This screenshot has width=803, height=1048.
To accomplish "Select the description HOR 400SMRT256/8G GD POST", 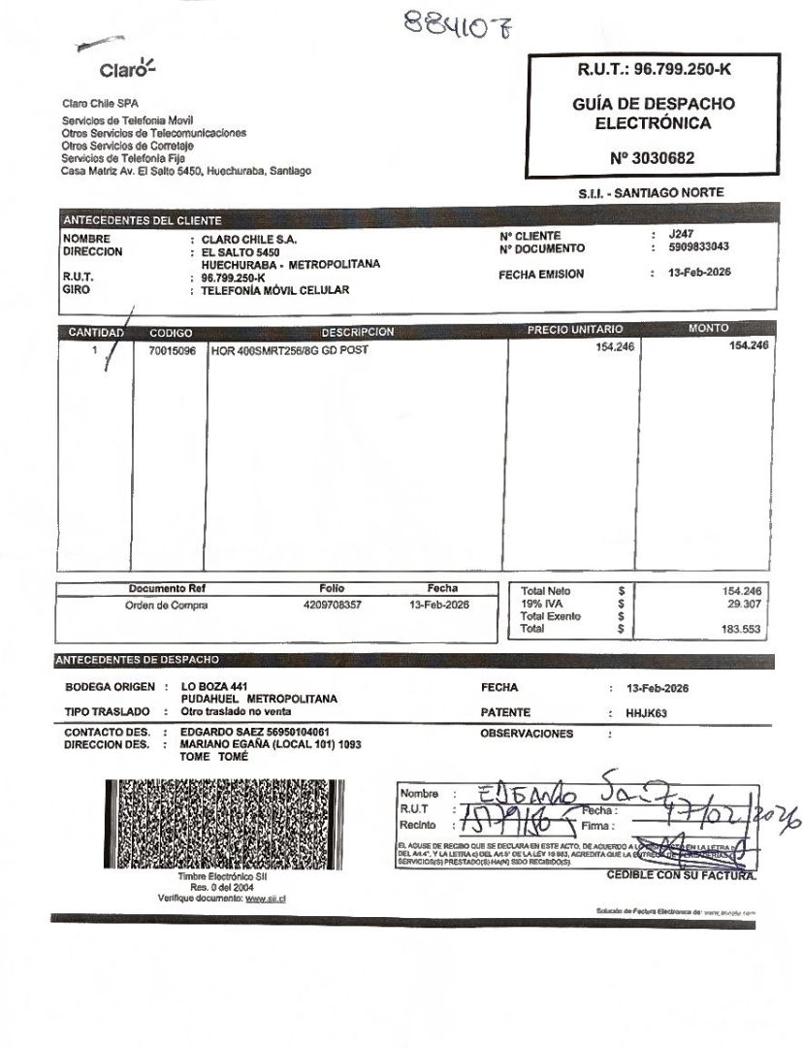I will pos(290,350).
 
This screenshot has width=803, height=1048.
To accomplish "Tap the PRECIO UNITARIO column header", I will pos(574,330).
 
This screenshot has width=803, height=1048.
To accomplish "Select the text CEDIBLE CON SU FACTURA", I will pos(681,874).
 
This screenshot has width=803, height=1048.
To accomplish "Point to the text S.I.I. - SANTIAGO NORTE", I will pos(651,193).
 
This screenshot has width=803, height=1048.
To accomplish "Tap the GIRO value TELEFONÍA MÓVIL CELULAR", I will pos(274,290).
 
